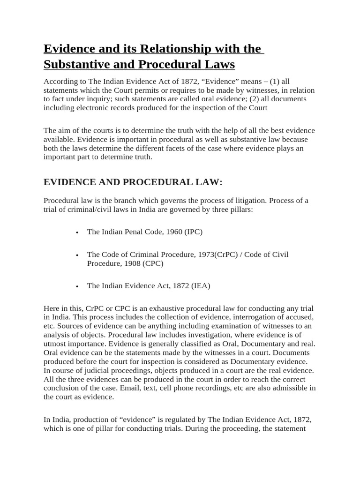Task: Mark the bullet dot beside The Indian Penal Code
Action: coord(77,232)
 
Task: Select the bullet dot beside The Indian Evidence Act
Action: coord(77,286)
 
